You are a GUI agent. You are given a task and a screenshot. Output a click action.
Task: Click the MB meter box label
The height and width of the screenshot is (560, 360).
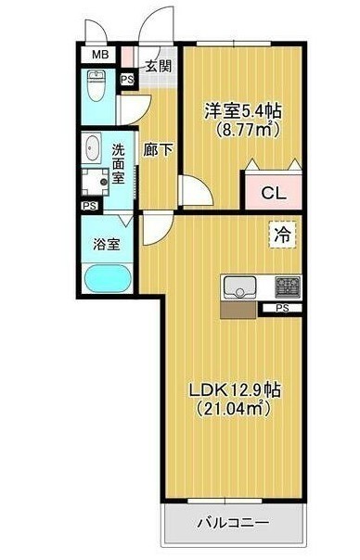point(100,55)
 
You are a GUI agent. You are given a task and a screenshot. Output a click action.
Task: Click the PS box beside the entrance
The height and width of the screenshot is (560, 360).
point(127,80)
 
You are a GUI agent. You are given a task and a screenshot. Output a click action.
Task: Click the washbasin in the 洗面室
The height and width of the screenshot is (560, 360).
point(94,148)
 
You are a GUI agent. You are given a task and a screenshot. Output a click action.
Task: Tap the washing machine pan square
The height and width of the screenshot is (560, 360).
point(96,182)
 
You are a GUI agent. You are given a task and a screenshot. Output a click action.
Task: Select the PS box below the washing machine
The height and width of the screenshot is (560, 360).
point(90,206)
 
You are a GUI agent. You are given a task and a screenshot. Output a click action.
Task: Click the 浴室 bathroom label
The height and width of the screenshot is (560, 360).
point(106,244)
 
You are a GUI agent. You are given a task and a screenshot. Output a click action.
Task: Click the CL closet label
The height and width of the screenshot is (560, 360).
point(274,194)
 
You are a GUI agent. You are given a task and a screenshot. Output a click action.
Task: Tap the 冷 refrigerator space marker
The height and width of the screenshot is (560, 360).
point(282,235)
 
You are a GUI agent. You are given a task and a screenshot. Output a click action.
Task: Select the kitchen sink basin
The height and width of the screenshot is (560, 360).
point(240,287)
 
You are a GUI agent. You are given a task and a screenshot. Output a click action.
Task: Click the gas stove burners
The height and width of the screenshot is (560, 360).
point(287,286)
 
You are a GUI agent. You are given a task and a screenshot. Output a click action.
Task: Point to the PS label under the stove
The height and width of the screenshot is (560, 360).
point(282,308)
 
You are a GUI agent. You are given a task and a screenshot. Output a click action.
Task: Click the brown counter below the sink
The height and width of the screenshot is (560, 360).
point(238,310)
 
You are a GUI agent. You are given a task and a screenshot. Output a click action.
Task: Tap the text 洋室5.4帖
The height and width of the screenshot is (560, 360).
point(243,112)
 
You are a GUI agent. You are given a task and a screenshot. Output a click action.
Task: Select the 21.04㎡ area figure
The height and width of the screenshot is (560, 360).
point(232,408)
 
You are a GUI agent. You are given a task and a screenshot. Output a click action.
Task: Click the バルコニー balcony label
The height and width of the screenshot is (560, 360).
point(233,523)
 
